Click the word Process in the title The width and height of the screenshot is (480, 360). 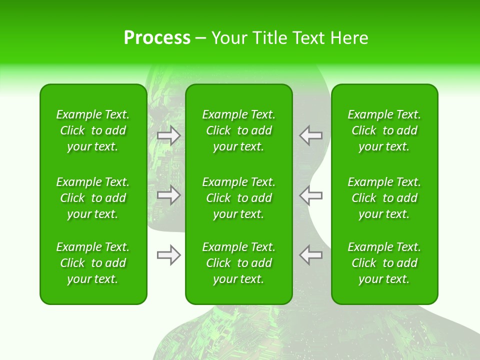click(157, 38)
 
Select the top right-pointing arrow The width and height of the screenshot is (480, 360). click(169, 135)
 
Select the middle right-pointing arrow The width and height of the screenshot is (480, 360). click(169, 195)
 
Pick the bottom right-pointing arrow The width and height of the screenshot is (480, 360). click(169, 255)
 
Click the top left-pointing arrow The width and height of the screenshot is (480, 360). click(310, 135)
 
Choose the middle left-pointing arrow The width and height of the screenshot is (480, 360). click(310, 195)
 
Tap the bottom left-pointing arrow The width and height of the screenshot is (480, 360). click(310, 255)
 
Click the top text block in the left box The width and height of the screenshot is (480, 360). click(93, 130)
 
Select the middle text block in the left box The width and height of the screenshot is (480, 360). click(93, 198)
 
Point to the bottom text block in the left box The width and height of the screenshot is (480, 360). click(93, 263)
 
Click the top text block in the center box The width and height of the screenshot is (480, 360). click(238, 130)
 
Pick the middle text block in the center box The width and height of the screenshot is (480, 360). click(238, 198)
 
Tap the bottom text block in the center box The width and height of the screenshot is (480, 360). click(238, 263)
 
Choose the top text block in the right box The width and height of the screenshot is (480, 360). click(384, 130)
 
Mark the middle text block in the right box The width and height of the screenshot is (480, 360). click(384, 198)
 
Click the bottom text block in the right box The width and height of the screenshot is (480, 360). click(384, 263)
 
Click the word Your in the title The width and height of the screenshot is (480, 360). click(229, 38)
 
